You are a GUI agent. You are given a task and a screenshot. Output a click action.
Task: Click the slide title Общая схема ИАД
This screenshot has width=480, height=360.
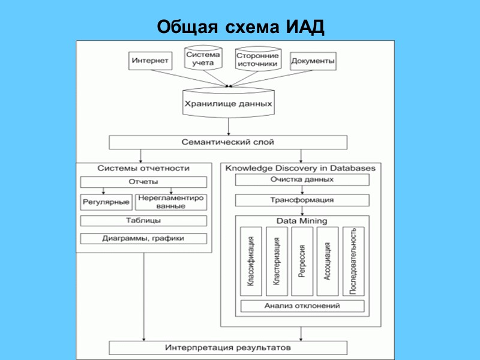[x=240, y=27]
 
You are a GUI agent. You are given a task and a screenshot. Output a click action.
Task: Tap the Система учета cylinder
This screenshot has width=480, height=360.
[x=203, y=59]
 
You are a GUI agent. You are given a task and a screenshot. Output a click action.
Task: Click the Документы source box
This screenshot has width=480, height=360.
[x=313, y=61]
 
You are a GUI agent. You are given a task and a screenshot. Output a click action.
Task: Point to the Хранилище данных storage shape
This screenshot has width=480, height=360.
[x=227, y=104]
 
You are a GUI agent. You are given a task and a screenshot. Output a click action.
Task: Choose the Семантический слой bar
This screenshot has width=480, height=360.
[x=227, y=142]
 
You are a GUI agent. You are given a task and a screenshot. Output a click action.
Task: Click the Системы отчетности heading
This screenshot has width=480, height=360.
[x=143, y=168]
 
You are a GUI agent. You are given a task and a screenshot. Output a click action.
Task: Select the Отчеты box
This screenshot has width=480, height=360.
[x=143, y=182]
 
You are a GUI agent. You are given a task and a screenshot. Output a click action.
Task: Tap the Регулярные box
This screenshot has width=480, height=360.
[x=106, y=202]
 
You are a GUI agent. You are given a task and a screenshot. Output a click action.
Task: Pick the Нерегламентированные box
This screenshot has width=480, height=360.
[x=171, y=202]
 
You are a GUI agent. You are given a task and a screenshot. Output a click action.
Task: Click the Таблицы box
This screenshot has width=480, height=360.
[x=143, y=221]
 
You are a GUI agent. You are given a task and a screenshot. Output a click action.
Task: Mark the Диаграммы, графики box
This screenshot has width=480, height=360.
[x=143, y=238]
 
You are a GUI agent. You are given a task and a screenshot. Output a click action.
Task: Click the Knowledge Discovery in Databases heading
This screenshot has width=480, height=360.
[x=301, y=168]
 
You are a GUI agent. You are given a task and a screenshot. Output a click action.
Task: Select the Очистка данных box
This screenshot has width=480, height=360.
[x=302, y=179]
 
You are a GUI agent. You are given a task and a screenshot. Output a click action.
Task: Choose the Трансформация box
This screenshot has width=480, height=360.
[x=302, y=200]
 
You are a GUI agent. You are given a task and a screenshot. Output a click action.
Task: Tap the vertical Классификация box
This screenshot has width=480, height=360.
[x=251, y=261]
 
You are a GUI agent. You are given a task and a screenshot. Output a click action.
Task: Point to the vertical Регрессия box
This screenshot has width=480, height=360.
[x=302, y=261]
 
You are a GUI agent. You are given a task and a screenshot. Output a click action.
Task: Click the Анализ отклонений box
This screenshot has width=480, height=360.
[x=302, y=306]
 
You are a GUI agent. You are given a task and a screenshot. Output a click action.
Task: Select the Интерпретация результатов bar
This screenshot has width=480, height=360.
[x=227, y=347]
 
